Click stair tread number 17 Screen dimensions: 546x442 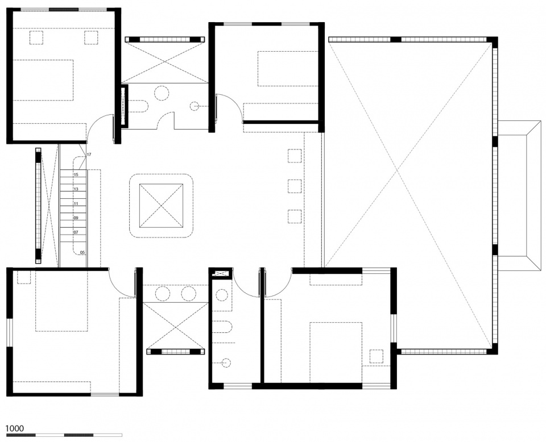coord(89,155)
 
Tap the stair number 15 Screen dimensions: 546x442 coord(76,174)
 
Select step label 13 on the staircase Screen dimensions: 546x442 coord(76,189)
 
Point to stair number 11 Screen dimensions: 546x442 coord(76,204)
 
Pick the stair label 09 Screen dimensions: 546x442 coord(76,218)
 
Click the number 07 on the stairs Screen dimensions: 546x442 coord(76,232)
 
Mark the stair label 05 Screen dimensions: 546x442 coord(82,252)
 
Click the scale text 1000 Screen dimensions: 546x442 coord(15,428)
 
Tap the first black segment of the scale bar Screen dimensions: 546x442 coord(21,435)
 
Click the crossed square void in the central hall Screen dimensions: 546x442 coord(161,206)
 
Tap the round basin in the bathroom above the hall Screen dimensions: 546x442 coord(161,93)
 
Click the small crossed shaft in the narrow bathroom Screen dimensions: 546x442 coord(220,274)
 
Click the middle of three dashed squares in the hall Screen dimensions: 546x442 coord(295,186)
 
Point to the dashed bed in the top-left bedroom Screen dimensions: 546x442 coord(43,80)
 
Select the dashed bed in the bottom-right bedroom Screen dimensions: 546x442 coord(336,352)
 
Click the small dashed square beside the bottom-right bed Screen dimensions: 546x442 coord(377,356)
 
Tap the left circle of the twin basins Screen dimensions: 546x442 coord(162,294)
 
